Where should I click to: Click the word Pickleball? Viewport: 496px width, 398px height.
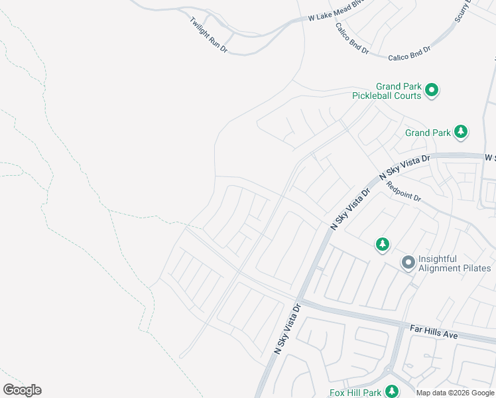pyautogui.click(x=377, y=96)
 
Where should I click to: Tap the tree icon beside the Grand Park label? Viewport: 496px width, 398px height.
pyautogui.click(x=461, y=132)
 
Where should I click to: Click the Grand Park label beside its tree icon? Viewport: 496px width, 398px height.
pyautogui.click(x=428, y=133)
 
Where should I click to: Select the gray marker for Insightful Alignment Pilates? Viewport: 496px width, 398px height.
pyautogui.click(x=408, y=263)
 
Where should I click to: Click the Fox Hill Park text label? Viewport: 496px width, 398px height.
pyautogui.click(x=355, y=393)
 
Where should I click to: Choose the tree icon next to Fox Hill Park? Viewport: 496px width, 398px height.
pyautogui.click(x=392, y=391)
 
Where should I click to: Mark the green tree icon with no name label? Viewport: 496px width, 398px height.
pyautogui.click(x=382, y=245)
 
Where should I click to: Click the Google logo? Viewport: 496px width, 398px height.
pyautogui.click(x=22, y=390)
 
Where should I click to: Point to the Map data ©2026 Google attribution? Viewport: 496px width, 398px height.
pyautogui.click(x=456, y=393)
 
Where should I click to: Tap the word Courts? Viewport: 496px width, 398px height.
pyautogui.click(x=406, y=96)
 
